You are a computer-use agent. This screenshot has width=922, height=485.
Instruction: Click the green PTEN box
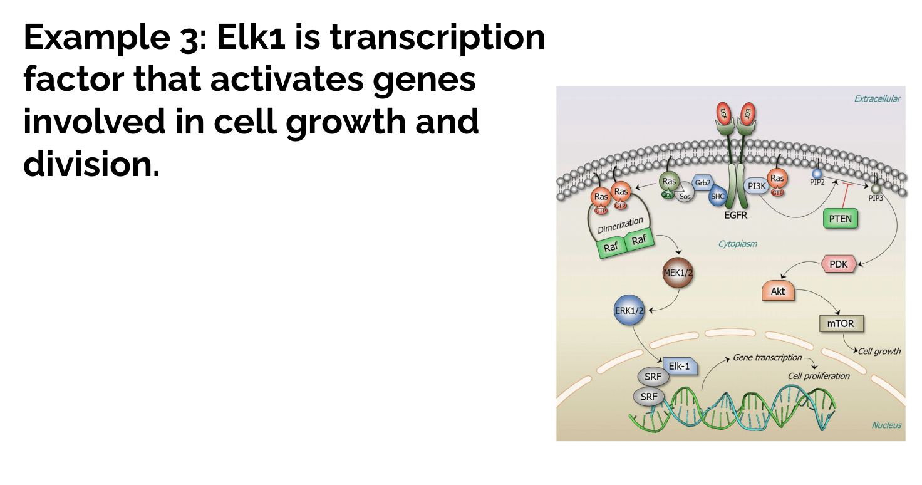pyautogui.click(x=840, y=219)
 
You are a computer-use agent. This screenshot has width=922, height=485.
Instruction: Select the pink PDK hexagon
pyautogui.click(x=838, y=264)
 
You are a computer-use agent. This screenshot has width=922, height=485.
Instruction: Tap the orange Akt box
pyautogui.click(x=778, y=291)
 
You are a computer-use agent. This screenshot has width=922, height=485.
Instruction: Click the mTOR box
pyautogui.click(x=841, y=324)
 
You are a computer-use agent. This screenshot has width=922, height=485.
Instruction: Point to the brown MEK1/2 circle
pyautogui.click(x=678, y=273)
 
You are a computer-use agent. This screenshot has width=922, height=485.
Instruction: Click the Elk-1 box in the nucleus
pyautogui.click(x=679, y=367)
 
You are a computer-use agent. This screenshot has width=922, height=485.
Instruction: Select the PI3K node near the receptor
pyautogui.click(x=757, y=186)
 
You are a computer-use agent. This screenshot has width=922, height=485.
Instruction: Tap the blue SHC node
pyautogui.click(x=717, y=196)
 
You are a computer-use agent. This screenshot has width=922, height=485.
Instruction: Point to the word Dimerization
pyautogui.click(x=620, y=225)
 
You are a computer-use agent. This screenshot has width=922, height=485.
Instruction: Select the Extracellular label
pyautogui.click(x=877, y=98)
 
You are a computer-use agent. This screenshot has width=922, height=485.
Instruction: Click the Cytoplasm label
pyautogui.click(x=737, y=244)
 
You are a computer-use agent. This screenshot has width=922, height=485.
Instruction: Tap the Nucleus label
pyautogui.click(x=886, y=425)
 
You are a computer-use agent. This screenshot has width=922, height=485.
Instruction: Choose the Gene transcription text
pyautogui.click(x=767, y=357)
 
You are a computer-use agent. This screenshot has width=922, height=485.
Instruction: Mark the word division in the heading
pyautogui.click(x=88, y=164)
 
